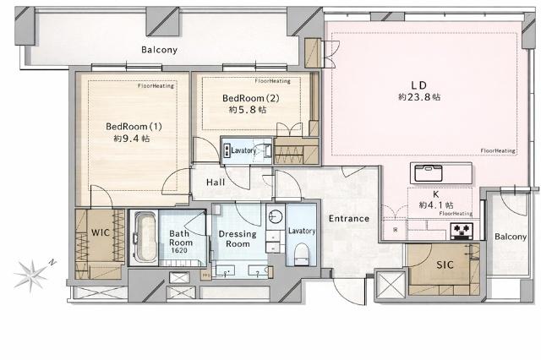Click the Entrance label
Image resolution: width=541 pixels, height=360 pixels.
[349, 218]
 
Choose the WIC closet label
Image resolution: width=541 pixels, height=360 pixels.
[100, 231]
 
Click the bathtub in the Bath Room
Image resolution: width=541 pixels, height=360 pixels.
[145, 237]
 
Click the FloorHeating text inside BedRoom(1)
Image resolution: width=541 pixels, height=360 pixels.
[155, 86]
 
